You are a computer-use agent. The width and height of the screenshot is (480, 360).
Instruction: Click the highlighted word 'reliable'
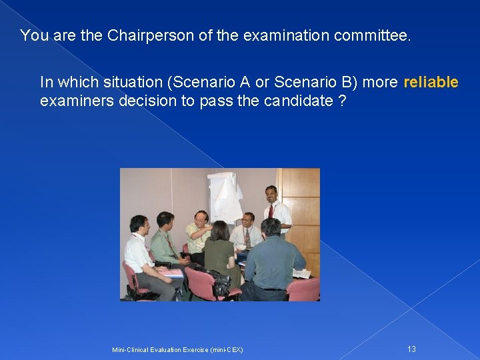pyautogui.click(x=431, y=82)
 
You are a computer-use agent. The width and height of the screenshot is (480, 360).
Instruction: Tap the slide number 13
pyautogui.click(x=411, y=349)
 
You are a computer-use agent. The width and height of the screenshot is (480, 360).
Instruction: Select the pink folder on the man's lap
pyautogui.click(x=171, y=272)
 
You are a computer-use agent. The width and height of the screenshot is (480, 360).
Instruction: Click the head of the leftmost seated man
pyautogui.click(x=138, y=224)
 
